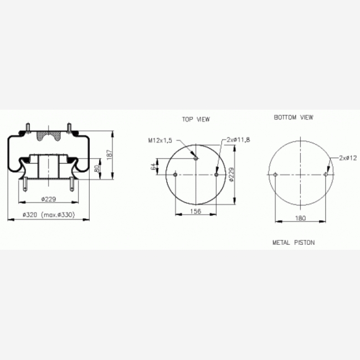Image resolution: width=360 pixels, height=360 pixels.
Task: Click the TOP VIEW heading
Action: pos(196,120)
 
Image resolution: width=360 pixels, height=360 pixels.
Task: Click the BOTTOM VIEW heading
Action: pos(294,117)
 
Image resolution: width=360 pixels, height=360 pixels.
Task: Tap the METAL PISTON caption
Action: pos(294,243)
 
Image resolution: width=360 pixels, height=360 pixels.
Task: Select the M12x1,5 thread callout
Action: pos(160,140)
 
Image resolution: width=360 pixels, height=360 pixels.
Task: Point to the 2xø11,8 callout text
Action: pos(238,140)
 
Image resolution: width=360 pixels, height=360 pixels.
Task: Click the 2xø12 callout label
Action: pos(348,158)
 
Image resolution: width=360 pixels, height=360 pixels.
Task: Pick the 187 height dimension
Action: pos(110,153)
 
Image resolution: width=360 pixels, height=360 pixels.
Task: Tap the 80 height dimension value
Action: pos(97,169)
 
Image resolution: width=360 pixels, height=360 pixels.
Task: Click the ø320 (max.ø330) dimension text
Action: pos(49,215)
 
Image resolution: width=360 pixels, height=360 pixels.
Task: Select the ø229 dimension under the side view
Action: pos(49,199)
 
